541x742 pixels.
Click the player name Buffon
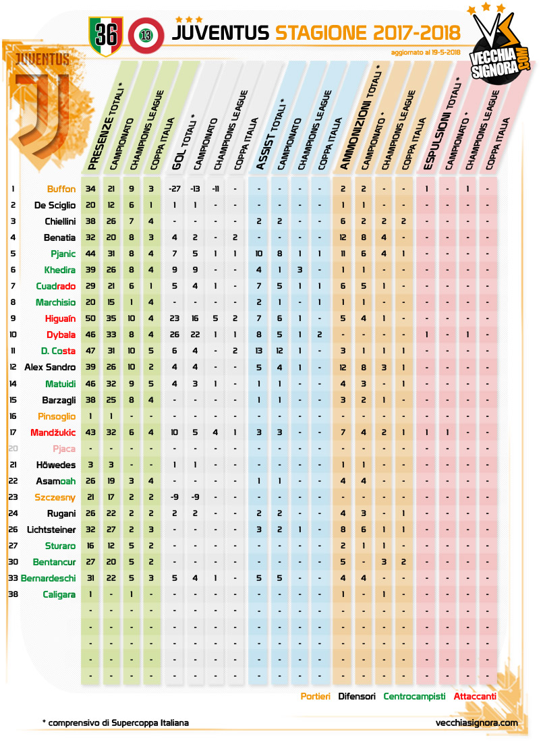tap(61, 189)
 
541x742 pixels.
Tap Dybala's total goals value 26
tap(174, 335)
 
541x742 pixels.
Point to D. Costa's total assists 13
tap(258, 351)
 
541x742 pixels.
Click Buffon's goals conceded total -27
tap(174, 189)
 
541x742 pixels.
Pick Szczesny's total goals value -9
tap(174, 496)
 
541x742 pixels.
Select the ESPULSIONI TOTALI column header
tap(438, 125)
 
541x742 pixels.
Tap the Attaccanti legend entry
tap(475, 696)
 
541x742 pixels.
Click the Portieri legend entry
tap(315, 696)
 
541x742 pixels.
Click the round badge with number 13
tap(144, 35)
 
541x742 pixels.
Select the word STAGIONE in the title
tap(320, 32)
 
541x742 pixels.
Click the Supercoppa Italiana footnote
tap(115, 722)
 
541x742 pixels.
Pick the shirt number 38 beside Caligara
tap(13, 594)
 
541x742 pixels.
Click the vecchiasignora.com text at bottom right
tap(477, 722)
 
